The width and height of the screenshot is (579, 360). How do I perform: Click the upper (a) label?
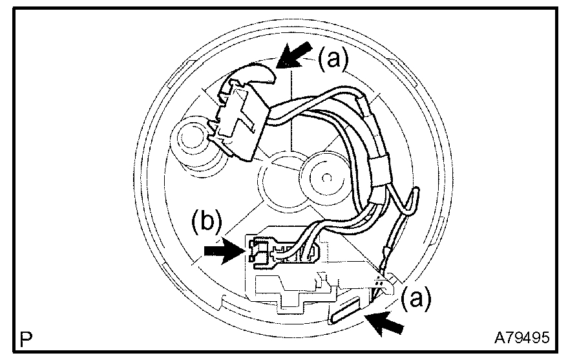click(333, 60)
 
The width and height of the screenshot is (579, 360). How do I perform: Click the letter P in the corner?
click(26, 337)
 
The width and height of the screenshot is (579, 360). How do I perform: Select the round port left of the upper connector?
click(191, 138)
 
